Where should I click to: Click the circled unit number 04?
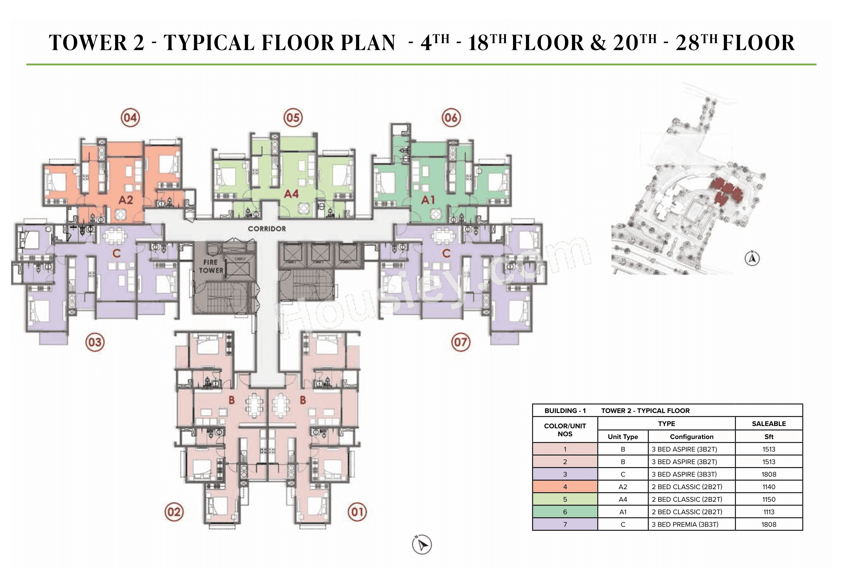[130, 118]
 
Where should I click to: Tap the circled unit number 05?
[293, 118]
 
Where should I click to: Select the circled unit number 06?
[451, 118]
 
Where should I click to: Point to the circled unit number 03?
[95, 342]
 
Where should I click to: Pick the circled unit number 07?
[461, 342]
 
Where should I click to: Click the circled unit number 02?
[174, 512]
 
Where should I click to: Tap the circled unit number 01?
[357, 512]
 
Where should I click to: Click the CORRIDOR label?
[267, 229]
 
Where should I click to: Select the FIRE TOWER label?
[211, 266]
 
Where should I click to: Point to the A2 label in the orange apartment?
[126, 200]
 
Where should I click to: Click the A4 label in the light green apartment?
[291, 194]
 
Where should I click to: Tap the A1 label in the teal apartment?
[428, 200]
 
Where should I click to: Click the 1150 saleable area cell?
[769, 500]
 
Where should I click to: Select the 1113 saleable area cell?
[769, 512]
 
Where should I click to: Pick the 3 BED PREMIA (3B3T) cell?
[685, 524]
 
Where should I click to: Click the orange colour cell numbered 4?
[565, 487]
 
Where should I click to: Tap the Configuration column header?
[691, 437]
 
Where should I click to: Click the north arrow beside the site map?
[752, 259]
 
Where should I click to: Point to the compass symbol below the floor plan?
[422, 544]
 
